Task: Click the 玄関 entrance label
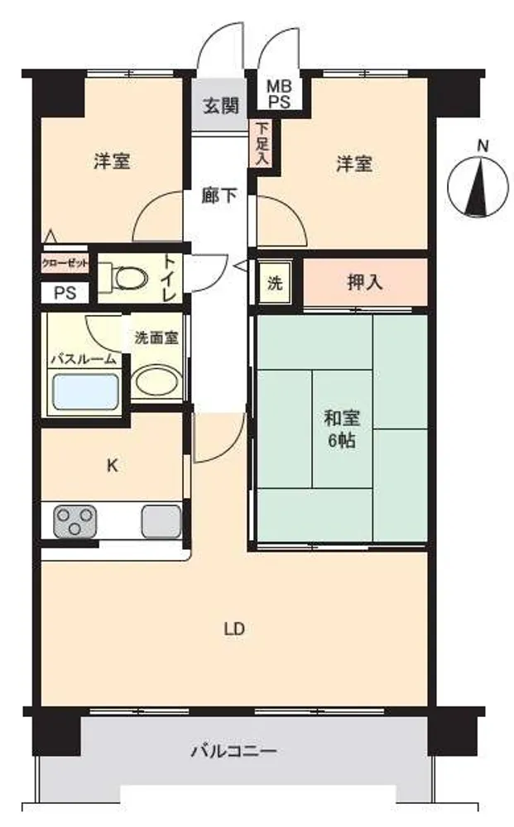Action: (x=221, y=106)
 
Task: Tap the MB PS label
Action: (x=279, y=94)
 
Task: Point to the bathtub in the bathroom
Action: (x=84, y=391)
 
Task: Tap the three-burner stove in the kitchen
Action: (x=74, y=521)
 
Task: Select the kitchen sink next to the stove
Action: (x=161, y=521)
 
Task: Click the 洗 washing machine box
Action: (x=275, y=284)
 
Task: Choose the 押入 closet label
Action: (x=365, y=283)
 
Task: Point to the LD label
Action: (x=233, y=629)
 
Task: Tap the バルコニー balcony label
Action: (x=233, y=750)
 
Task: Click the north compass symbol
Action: (x=479, y=187)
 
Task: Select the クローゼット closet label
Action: (x=65, y=263)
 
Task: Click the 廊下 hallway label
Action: (x=219, y=196)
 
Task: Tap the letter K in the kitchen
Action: (x=113, y=466)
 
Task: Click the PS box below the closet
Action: (x=65, y=293)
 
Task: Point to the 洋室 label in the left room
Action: (x=112, y=161)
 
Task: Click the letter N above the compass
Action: (x=483, y=146)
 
